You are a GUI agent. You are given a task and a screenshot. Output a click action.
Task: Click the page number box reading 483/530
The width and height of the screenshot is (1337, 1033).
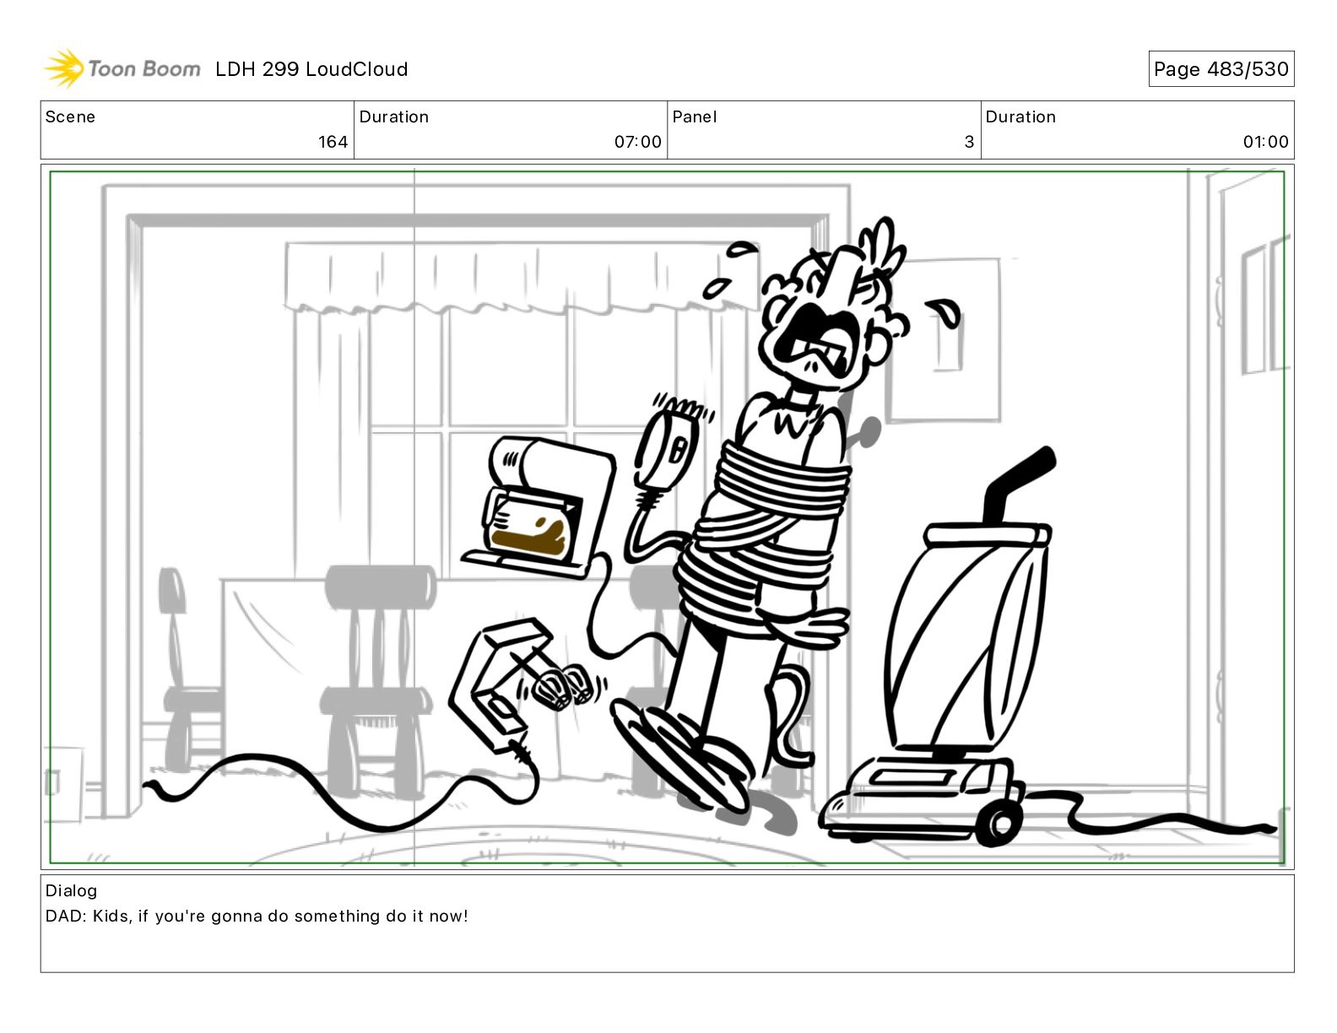tap(1221, 69)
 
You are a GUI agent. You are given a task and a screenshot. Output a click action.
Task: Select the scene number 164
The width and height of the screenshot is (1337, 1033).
tap(333, 142)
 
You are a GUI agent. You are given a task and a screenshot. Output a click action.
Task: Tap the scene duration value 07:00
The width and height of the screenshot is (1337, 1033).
tap(637, 142)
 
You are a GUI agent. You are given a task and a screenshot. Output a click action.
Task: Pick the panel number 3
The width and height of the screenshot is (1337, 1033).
tap(969, 142)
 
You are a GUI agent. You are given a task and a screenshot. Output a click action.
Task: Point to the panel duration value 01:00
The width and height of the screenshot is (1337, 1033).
tap(1265, 142)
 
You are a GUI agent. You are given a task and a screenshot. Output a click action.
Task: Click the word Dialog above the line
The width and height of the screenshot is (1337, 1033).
tap(71, 891)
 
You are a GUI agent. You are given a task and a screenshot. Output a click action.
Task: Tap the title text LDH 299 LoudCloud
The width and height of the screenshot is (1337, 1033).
tap(311, 69)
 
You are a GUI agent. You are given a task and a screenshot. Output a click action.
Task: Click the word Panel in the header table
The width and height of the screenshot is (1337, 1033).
tap(694, 117)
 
